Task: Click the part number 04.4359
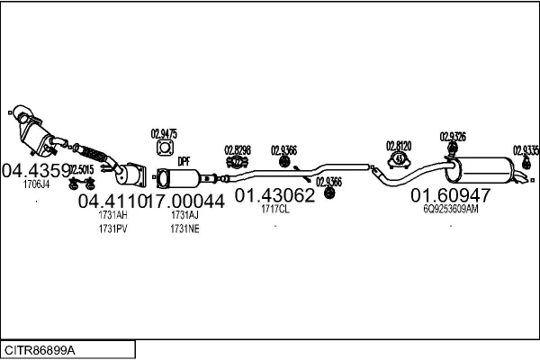point(35,169)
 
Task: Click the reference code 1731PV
point(112,229)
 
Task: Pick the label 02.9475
point(164,134)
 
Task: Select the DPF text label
point(184,161)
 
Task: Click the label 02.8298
point(238,149)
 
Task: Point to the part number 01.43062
point(274,195)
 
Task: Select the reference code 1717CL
point(274,211)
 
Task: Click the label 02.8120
point(399,145)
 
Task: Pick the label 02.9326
point(453,137)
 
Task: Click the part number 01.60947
point(451,194)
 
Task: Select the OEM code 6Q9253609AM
point(451,209)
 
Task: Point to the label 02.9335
point(526,150)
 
